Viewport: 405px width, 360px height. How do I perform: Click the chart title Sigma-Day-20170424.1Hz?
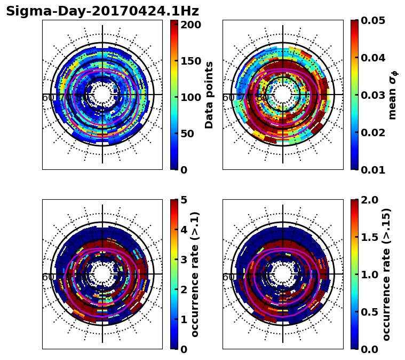pos(102,11)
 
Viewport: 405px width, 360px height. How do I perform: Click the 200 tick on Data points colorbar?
pos(190,25)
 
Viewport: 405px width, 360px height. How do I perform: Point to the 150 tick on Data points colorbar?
pos(190,61)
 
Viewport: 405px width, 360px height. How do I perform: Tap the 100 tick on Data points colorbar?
pos(190,97)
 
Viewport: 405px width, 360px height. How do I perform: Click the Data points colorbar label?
pos(209,95)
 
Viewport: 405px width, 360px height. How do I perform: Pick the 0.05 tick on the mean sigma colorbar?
pos(374,20)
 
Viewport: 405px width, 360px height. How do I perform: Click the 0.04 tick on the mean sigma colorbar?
pos(374,58)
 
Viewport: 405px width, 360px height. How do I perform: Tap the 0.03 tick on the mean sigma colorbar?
pos(374,95)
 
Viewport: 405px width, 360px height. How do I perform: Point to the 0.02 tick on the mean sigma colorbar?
pos(374,132)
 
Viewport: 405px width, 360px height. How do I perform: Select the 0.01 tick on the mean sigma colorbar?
pos(374,170)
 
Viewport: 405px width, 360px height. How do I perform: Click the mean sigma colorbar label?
pos(393,95)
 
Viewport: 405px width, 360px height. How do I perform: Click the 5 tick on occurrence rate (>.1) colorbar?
pos(184,200)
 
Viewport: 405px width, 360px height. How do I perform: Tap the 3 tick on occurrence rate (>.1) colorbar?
pos(184,260)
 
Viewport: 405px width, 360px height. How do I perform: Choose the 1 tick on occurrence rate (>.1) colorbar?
pos(184,319)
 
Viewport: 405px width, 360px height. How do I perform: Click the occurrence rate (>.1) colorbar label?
pos(195,275)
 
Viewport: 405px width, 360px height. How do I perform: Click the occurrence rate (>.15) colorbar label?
pos(386,275)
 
